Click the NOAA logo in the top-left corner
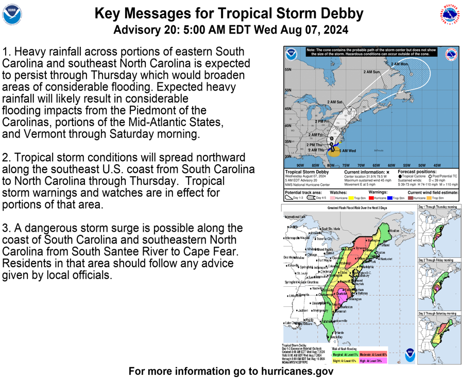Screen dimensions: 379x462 click(x=12, y=15)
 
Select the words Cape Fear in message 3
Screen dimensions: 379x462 click(x=214, y=251)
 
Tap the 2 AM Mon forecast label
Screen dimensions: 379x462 click(x=399, y=64)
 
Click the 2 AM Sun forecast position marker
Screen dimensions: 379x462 click(x=385, y=87)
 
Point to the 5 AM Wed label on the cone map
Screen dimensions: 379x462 click(x=347, y=151)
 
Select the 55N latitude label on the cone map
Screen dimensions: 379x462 click(x=288, y=70)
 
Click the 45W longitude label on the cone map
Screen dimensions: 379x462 click(x=437, y=165)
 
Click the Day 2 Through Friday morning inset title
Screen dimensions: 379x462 click(x=438, y=260)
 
